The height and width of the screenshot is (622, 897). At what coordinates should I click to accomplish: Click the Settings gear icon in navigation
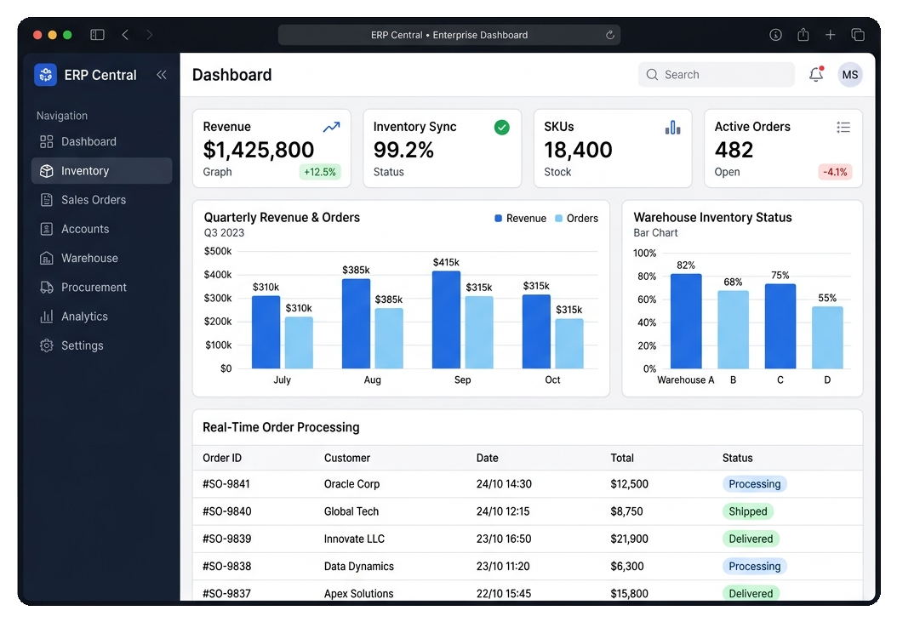point(46,345)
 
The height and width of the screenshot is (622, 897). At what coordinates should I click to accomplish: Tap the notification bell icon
point(816,74)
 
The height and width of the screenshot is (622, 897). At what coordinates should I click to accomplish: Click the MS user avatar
point(850,75)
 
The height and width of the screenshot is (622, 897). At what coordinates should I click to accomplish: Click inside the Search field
point(717,75)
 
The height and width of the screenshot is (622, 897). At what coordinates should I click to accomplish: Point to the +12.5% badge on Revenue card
point(320,172)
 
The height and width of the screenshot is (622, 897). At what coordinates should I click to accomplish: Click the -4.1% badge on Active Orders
point(835,172)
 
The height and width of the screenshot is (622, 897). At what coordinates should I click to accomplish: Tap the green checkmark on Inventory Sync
point(502,127)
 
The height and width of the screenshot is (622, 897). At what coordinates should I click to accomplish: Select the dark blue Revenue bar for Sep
point(446,320)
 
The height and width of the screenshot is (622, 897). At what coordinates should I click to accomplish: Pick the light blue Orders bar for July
point(299,343)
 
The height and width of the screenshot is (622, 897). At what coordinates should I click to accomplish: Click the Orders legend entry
point(577,219)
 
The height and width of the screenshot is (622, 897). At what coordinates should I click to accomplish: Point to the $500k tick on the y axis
point(218,251)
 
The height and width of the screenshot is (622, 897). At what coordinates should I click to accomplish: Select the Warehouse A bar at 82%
point(686,321)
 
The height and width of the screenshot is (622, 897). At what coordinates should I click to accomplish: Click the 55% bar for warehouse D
point(827,338)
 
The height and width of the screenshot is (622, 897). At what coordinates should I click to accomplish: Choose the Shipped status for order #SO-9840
point(748,511)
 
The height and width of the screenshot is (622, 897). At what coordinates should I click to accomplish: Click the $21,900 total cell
point(629,539)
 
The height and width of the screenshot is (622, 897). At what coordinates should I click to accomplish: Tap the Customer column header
point(347,458)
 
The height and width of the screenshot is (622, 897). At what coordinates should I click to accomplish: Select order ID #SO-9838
point(226,567)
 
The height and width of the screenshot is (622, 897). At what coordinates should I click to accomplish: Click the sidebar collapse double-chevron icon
point(162,75)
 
